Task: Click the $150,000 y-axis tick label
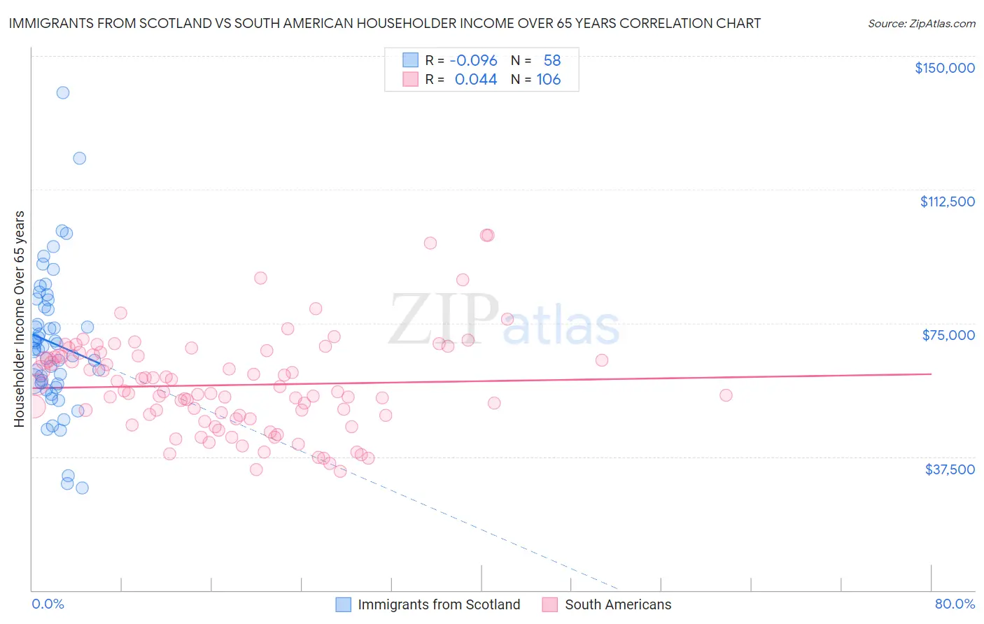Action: coord(944,68)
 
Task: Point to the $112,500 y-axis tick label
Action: coord(947,201)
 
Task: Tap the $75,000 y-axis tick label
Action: coord(948,335)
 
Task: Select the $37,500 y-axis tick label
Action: coord(950,469)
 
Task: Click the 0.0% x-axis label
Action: coord(48,604)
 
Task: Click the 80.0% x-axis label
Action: coord(955,604)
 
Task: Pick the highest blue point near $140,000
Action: coord(63,92)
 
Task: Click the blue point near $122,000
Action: coord(80,158)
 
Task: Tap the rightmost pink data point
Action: coord(726,395)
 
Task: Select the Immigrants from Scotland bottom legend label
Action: coord(439,605)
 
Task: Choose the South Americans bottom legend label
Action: coord(618,605)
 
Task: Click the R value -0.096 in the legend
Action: coord(473,61)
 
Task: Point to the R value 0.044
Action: coord(476,80)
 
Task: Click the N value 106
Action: coord(549,80)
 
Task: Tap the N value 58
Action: coord(552,61)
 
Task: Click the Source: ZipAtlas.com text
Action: coord(921,24)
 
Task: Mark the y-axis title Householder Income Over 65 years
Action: coord(20,318)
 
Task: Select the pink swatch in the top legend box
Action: coord(410,79)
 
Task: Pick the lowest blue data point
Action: coord(82,488)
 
